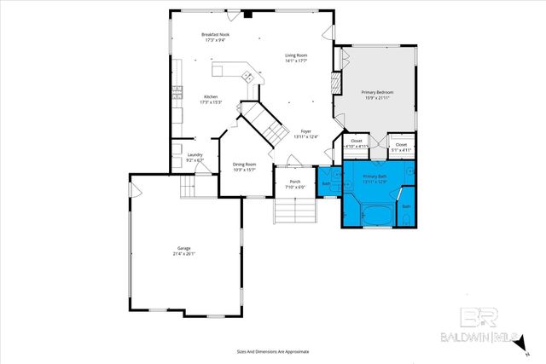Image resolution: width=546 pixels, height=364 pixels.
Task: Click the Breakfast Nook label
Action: click(215, 37)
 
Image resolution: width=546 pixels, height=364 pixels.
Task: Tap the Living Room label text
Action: click(296, 58)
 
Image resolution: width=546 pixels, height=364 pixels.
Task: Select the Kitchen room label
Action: click(210, 99)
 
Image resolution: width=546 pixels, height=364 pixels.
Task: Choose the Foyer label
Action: click(305, 133)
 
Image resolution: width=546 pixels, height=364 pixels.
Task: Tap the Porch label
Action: click(295, 183)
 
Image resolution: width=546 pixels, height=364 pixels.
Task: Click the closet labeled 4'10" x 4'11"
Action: click(357, 143)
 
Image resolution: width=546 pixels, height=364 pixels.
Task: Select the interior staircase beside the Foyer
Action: click(266, 125)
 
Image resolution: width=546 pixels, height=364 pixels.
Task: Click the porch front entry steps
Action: click(293, 211)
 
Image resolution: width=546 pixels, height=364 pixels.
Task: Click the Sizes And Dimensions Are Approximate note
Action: click(272, 351)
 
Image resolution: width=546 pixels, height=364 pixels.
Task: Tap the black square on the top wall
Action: click(247, 14)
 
